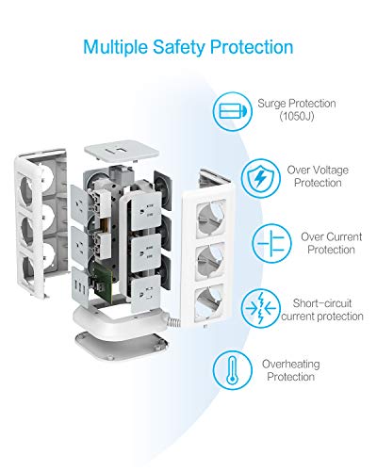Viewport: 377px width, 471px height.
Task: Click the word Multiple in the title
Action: pos(115,47)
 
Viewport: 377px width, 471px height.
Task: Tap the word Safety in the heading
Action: pos(178,47)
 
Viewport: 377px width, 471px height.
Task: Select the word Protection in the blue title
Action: pos(252,47)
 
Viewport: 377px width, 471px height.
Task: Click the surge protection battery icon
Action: pos(233,111)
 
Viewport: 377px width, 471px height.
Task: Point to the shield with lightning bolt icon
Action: pos(261,178)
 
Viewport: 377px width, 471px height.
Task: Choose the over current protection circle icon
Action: pos(272,243)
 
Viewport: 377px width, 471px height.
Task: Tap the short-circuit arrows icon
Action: pos(261,308)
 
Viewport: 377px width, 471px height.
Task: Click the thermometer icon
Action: pos(233,370)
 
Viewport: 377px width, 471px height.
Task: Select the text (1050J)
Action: pos(297,116)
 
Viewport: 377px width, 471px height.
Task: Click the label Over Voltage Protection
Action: pos(318,176)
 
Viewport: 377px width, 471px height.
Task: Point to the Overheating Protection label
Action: pos(291,370)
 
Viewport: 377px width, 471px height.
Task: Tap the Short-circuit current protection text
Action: pos(322,310)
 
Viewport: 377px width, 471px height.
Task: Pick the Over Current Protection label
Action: pos(331,243)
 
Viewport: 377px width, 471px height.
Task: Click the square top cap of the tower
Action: pos(122,151)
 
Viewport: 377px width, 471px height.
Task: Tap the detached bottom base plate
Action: pos(122,345)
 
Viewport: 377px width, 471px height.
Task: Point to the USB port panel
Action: pos(81,286)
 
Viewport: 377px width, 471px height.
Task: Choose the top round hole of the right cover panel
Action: pos(211,219)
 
